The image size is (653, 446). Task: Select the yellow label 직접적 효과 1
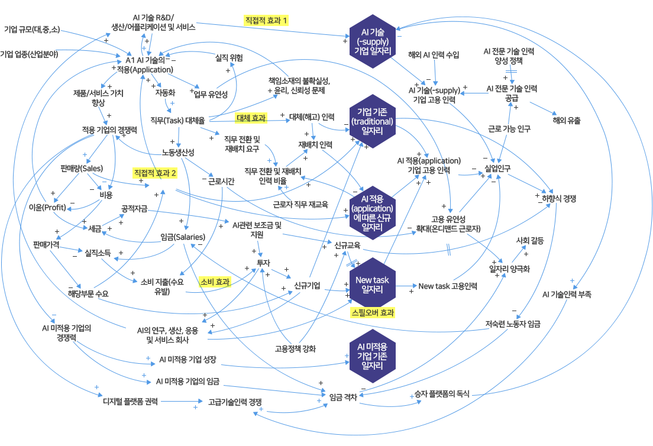[x=266, y=20]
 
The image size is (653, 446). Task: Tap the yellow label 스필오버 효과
[x=373, y=312]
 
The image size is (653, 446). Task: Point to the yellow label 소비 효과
[x=215, y=282]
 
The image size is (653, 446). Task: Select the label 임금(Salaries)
[x=183, y=237]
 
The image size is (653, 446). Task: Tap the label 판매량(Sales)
[x=82, y=168]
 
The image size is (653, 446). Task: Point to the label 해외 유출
[x=567, y=120]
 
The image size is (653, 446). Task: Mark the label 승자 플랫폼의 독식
[x=440, y=393]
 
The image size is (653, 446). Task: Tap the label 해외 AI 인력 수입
[x=434, y=55]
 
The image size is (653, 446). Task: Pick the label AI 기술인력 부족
[x=567, y=294]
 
